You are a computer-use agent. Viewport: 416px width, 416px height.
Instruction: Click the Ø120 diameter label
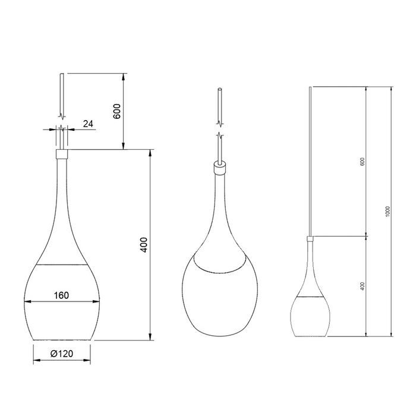pos(62,354)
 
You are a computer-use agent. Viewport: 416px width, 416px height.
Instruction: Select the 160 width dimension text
pos(61,294)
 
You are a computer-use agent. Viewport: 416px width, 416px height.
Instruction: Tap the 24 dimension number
pos(88,124)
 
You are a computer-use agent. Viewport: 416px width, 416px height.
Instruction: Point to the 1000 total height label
pos(387,211)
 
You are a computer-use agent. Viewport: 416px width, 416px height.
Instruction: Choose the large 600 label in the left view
pos(117,111)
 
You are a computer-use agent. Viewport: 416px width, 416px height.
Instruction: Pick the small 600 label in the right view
pos(362,162)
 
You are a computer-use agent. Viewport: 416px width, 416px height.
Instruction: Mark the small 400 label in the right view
pos(362,286)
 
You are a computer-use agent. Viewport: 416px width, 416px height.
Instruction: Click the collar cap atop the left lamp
pos(62,154)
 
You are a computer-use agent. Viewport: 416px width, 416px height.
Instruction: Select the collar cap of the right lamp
pos(310,239)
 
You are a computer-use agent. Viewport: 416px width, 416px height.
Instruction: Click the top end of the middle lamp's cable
pos(220,90)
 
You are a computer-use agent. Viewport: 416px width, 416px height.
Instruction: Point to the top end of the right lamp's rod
pos(310,88)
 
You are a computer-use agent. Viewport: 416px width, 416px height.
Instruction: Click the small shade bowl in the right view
pos(310,315)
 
